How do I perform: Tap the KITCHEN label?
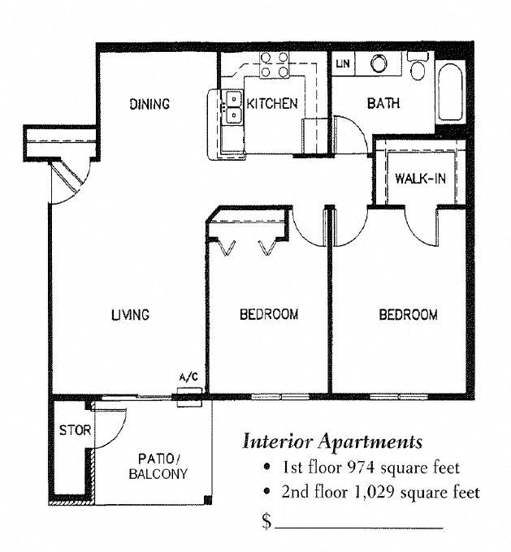[272, 104]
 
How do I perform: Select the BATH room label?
[383, 104]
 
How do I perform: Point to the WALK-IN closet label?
[419, 179]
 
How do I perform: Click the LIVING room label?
[130, 315]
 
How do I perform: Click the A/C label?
[188, 377]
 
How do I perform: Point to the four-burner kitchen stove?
[275, 64]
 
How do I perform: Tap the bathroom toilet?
[418, 67]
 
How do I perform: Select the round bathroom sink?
[378, 63]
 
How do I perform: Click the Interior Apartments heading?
[332, 442]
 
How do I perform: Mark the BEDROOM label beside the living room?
[268, 314]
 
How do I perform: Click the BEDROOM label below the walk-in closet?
[409, 315]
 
